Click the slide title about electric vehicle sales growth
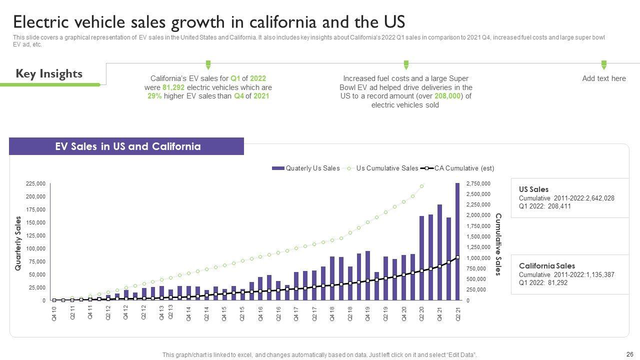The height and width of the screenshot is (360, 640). [x=208, y=22]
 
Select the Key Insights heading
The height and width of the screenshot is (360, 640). [x=49, y=74]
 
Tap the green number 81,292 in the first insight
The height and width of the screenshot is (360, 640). [x=171, y=87]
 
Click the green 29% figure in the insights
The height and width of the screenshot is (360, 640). [x=154, y=96]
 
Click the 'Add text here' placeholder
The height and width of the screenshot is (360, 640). [x=603, y=78]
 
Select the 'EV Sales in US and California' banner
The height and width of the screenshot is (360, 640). [x=127, y=146]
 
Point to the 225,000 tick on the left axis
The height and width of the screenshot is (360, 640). [x=35, y=184]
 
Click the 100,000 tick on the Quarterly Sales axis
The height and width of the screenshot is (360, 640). [x=35, y=248]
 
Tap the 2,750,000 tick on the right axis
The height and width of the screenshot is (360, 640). [x=478, y=184]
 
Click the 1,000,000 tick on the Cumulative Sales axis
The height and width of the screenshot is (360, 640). [x=478, y=258]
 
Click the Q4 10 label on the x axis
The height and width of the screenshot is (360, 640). [x=54, y=314]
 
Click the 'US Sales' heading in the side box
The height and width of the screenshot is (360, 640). [x=533, y=189]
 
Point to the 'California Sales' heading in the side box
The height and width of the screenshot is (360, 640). [x=546, y=266]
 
